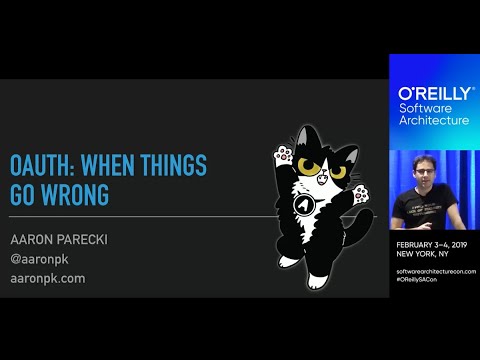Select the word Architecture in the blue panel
pos(434,120)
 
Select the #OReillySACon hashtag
pos(422,279)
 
